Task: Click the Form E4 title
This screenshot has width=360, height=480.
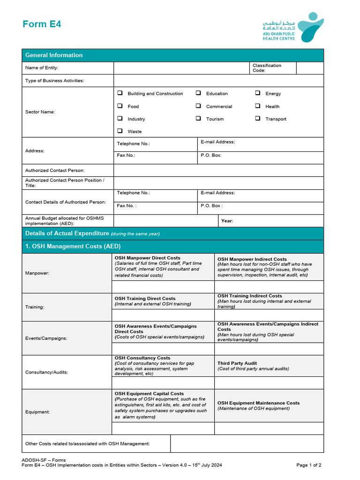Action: pyautogui.click(x=42, y=24)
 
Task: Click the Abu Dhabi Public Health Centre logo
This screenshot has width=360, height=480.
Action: pyautogui.click(x=292, y=27)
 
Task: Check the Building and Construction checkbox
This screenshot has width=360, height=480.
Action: pyautogui.click(x=120, y=93)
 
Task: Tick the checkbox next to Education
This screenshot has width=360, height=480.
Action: pyautogui.click(x=198, y=93)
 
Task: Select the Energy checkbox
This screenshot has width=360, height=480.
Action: pyautogui.click(x=258, y=93)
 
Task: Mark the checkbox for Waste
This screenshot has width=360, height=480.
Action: pyautogui.click(x=120, y=131)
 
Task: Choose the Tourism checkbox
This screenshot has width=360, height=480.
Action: pyautogui.click(x=198, y=119)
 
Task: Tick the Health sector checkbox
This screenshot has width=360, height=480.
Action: pyautogui.click(x=258, y=106)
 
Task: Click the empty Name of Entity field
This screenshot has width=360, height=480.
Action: pyautogui.click(x=181, y=68)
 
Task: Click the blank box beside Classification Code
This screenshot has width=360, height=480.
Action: pyautogui.click(x=309, y=68)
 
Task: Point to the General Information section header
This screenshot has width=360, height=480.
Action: pyautogui.click(x=54, y=55)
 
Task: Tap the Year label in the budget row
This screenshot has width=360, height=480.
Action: pyautogui.click(x=227, y=221)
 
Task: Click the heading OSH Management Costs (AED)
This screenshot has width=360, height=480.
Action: pyautogui.click(x=73, y=246)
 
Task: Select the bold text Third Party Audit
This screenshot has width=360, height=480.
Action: pyautogui.click(x=237, y=363)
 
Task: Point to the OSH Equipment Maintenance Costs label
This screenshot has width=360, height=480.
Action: pyautogui.click(x=258, y=403)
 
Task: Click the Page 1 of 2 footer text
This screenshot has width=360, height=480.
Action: pyautogui.click(x=309, y=465)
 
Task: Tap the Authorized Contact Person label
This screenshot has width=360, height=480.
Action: pyautogui.click(x=55, y=171)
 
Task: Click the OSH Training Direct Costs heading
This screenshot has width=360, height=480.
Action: pyautogui.click(x=145, y=299)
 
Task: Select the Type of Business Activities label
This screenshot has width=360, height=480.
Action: pyautogui.click(x=54, y=81)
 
